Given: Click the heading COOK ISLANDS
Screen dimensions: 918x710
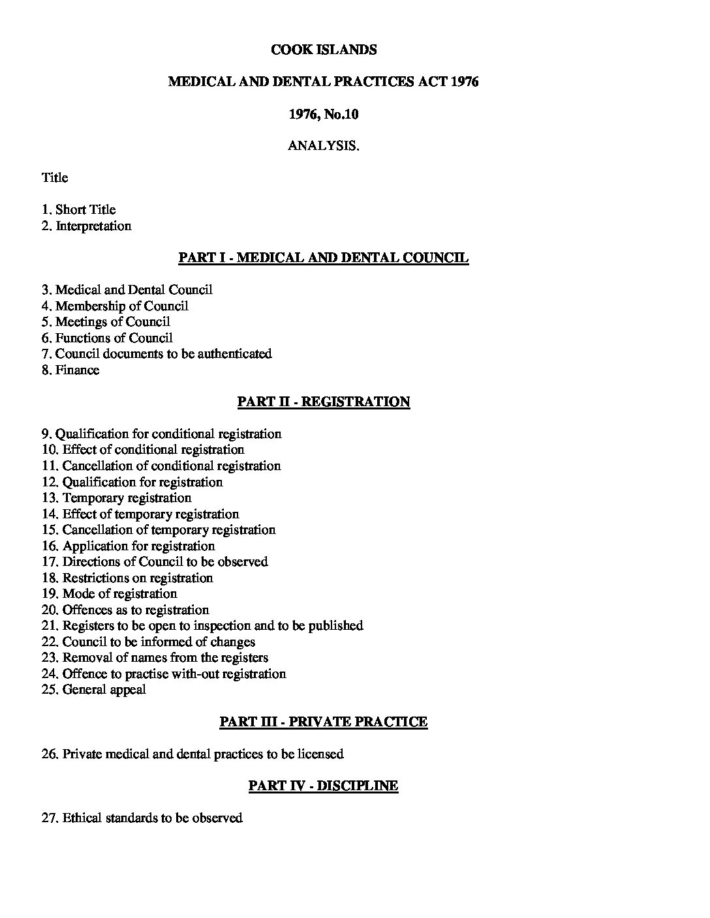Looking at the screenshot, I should coord(324,50).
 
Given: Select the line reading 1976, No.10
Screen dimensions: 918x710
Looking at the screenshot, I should coord(324,114).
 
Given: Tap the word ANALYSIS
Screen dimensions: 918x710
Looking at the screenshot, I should coord(324,146).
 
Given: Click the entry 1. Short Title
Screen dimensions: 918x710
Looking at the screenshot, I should coord(79,210).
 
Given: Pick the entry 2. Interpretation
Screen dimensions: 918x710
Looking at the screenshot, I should coord(87,226).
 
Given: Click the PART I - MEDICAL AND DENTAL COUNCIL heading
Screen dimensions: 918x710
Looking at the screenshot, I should coord(324,258).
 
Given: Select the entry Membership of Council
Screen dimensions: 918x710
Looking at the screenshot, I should coord(115,306).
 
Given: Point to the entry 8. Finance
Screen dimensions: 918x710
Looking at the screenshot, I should coord(70,370).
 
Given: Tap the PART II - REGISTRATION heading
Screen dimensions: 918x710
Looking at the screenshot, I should coord(324,402).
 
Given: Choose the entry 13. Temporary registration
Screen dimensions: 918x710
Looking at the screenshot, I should coord(117,498).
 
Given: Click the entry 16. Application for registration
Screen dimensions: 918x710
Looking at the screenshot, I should coord(128,546).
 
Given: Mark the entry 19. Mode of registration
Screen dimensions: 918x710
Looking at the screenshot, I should coord(110,594).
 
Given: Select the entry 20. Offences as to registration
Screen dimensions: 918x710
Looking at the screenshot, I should coord(125,610).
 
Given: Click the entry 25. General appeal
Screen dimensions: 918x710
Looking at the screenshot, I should coord(94,690).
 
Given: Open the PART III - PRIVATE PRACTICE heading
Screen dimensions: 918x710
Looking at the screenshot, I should coord(324,722).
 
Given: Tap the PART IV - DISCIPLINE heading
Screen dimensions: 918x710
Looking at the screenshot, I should coord(324,786).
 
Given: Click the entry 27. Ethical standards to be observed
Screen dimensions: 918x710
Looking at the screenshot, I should coord(142,818).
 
